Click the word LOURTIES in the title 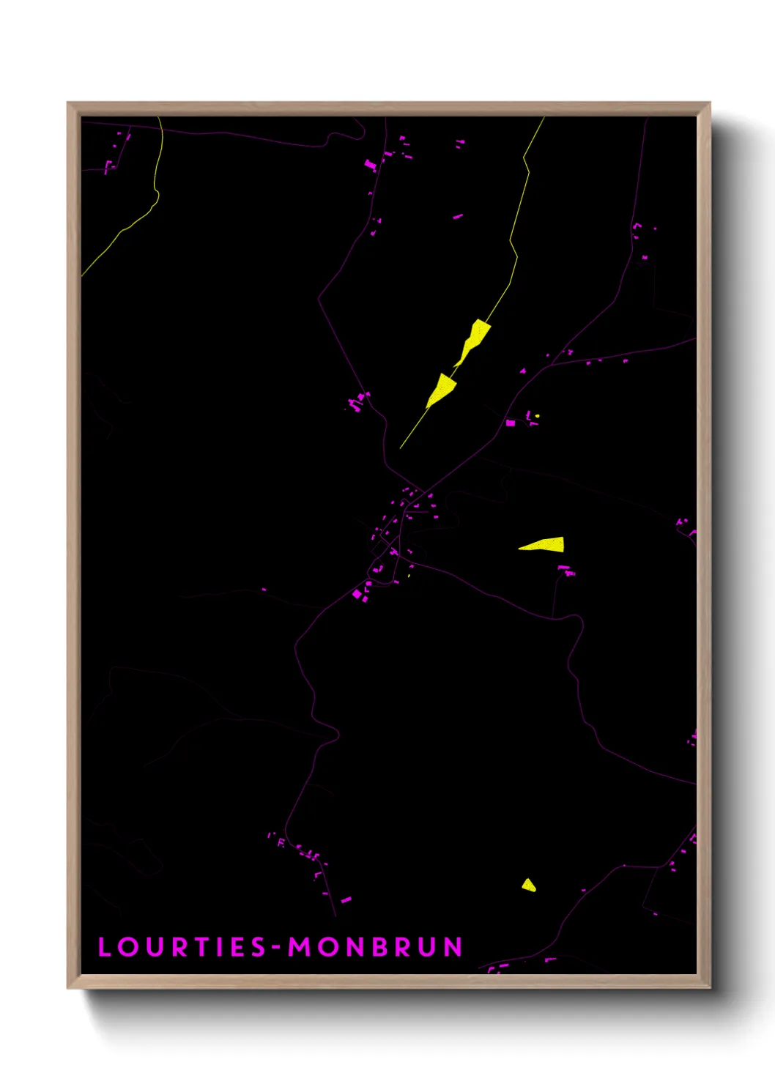[182, 947]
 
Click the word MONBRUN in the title [375, 947]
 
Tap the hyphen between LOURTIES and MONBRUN [277, 948]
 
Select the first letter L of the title [105, 947]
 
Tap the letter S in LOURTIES [258, 947]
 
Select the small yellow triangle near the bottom [528, 886]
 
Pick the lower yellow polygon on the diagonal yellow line [442, 388]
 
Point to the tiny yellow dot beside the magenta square [537, 416]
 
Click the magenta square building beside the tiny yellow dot [511, 423]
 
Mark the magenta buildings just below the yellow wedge [566, 569]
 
